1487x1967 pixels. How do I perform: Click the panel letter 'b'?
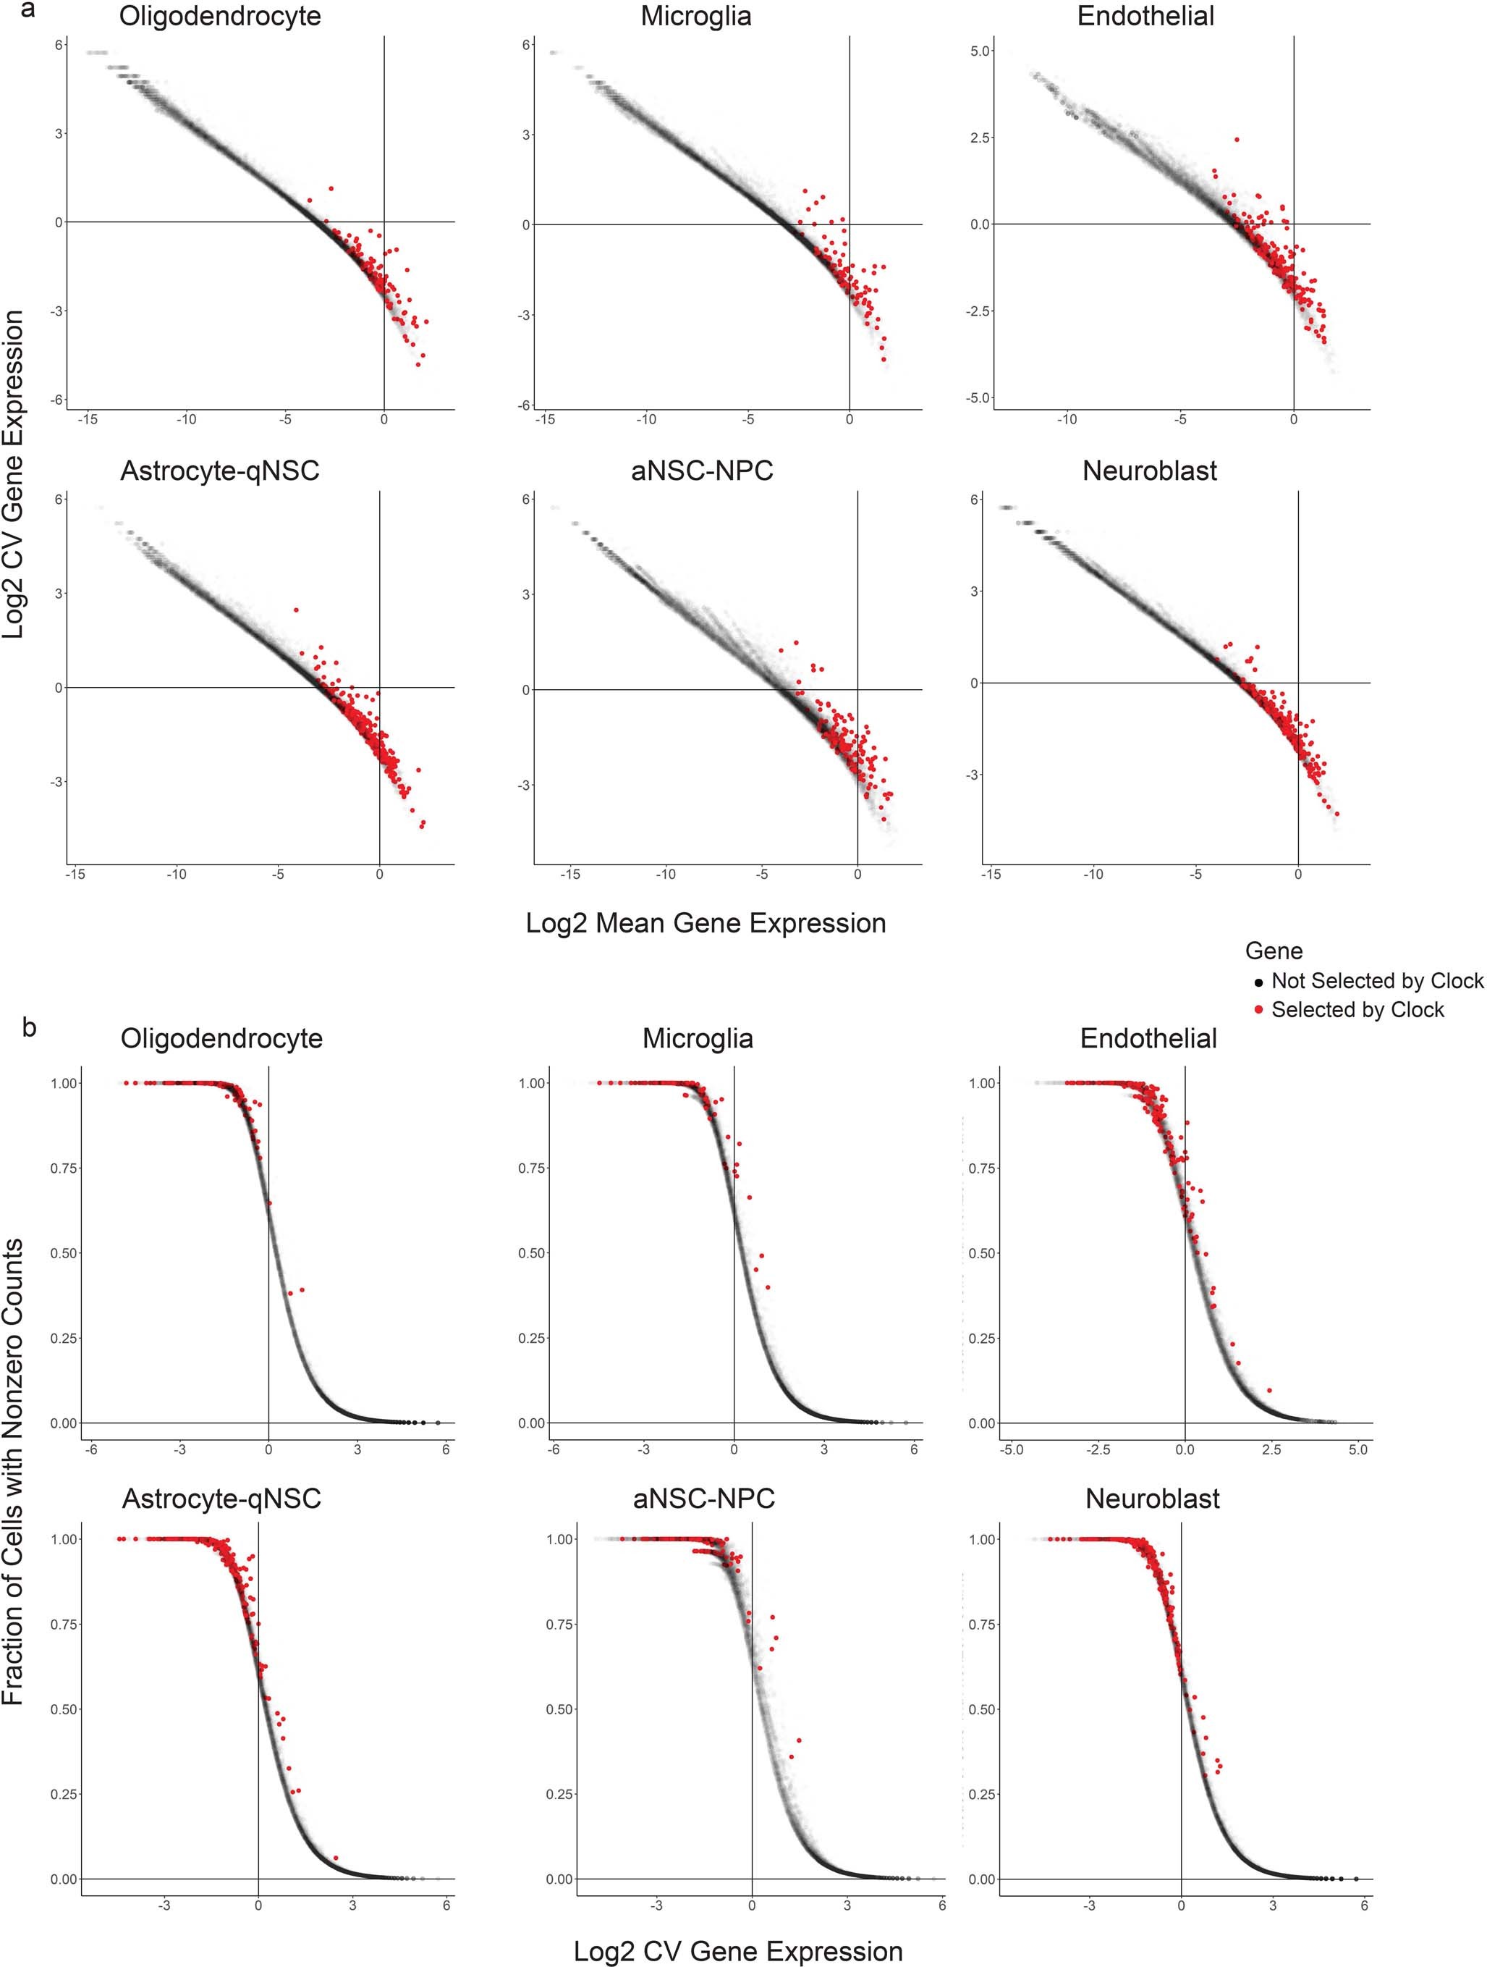[30, 1027]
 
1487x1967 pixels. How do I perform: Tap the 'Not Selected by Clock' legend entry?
[1376, 981]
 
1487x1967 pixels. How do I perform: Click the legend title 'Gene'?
[1273, 951]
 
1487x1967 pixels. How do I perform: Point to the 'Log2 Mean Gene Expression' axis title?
[706, 923]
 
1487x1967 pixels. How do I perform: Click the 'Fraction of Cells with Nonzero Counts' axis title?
[14, 1471]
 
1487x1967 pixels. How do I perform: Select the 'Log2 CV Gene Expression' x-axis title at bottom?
[738, 1951]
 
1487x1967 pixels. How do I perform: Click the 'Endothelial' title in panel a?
[1145, 16]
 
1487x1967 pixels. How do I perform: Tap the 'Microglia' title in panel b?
[697, 1039]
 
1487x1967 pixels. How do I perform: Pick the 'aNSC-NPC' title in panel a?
[702, 471]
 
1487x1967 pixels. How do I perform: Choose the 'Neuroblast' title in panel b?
[1152, 1499]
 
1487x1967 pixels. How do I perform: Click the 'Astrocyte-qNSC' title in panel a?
[219, 471]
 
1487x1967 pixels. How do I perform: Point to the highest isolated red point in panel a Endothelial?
[1237, 140]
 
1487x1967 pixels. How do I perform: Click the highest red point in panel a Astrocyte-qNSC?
[296, 610]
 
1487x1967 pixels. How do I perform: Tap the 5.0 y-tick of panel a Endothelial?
[980, 51]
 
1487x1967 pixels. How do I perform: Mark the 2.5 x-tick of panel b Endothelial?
[1271, 1449]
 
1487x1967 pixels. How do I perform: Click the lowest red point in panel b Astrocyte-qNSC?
[335, 1858]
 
